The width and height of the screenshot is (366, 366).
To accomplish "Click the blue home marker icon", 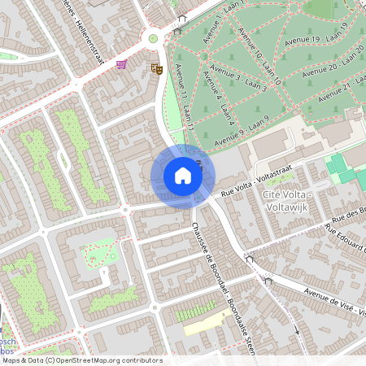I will click(183, 175).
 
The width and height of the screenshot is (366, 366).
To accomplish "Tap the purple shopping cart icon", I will click(122, 64).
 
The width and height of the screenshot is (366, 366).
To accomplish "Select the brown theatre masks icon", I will click(157, 70).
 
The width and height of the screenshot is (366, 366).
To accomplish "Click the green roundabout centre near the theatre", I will click(152, 38).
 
